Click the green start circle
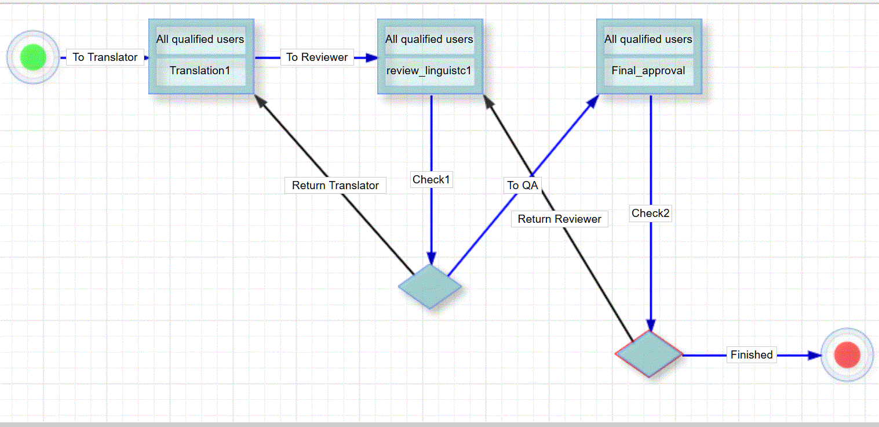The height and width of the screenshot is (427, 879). (33, 57)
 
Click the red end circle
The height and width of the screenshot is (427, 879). (847, 354)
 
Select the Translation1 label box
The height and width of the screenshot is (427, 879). (200, 71)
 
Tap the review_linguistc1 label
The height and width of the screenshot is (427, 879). (429, 71)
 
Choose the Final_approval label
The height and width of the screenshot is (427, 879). (648, 71)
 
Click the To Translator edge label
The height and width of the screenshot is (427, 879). (105, 57)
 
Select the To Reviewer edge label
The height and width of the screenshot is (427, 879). (317, 57)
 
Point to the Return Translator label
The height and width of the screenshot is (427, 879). (335, 185)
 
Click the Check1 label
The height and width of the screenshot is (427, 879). (431, 180)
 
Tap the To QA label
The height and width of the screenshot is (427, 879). (523, 185)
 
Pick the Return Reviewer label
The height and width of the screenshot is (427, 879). (559, 219)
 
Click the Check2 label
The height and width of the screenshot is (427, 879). (651, 213)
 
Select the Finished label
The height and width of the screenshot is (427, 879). (752, 354)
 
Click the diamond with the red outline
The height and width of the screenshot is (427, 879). (649, 354)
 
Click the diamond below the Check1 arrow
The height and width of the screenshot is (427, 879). (430, 286)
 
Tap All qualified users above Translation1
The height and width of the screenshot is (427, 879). (200, 39)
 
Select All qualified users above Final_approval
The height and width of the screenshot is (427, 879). (648, 39)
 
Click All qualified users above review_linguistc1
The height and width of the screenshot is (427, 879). (429, 39)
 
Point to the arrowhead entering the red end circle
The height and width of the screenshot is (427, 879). (815, 355)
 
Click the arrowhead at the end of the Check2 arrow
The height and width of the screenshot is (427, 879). (651, 324)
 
